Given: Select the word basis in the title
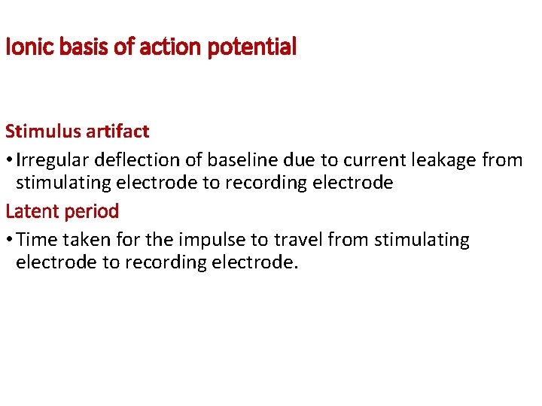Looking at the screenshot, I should tap(76, 48).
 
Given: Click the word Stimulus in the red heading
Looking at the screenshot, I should tap(41, 132).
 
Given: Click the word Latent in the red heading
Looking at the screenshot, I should tap(30, 211).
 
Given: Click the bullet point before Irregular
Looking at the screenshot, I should tap(9, 161).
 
